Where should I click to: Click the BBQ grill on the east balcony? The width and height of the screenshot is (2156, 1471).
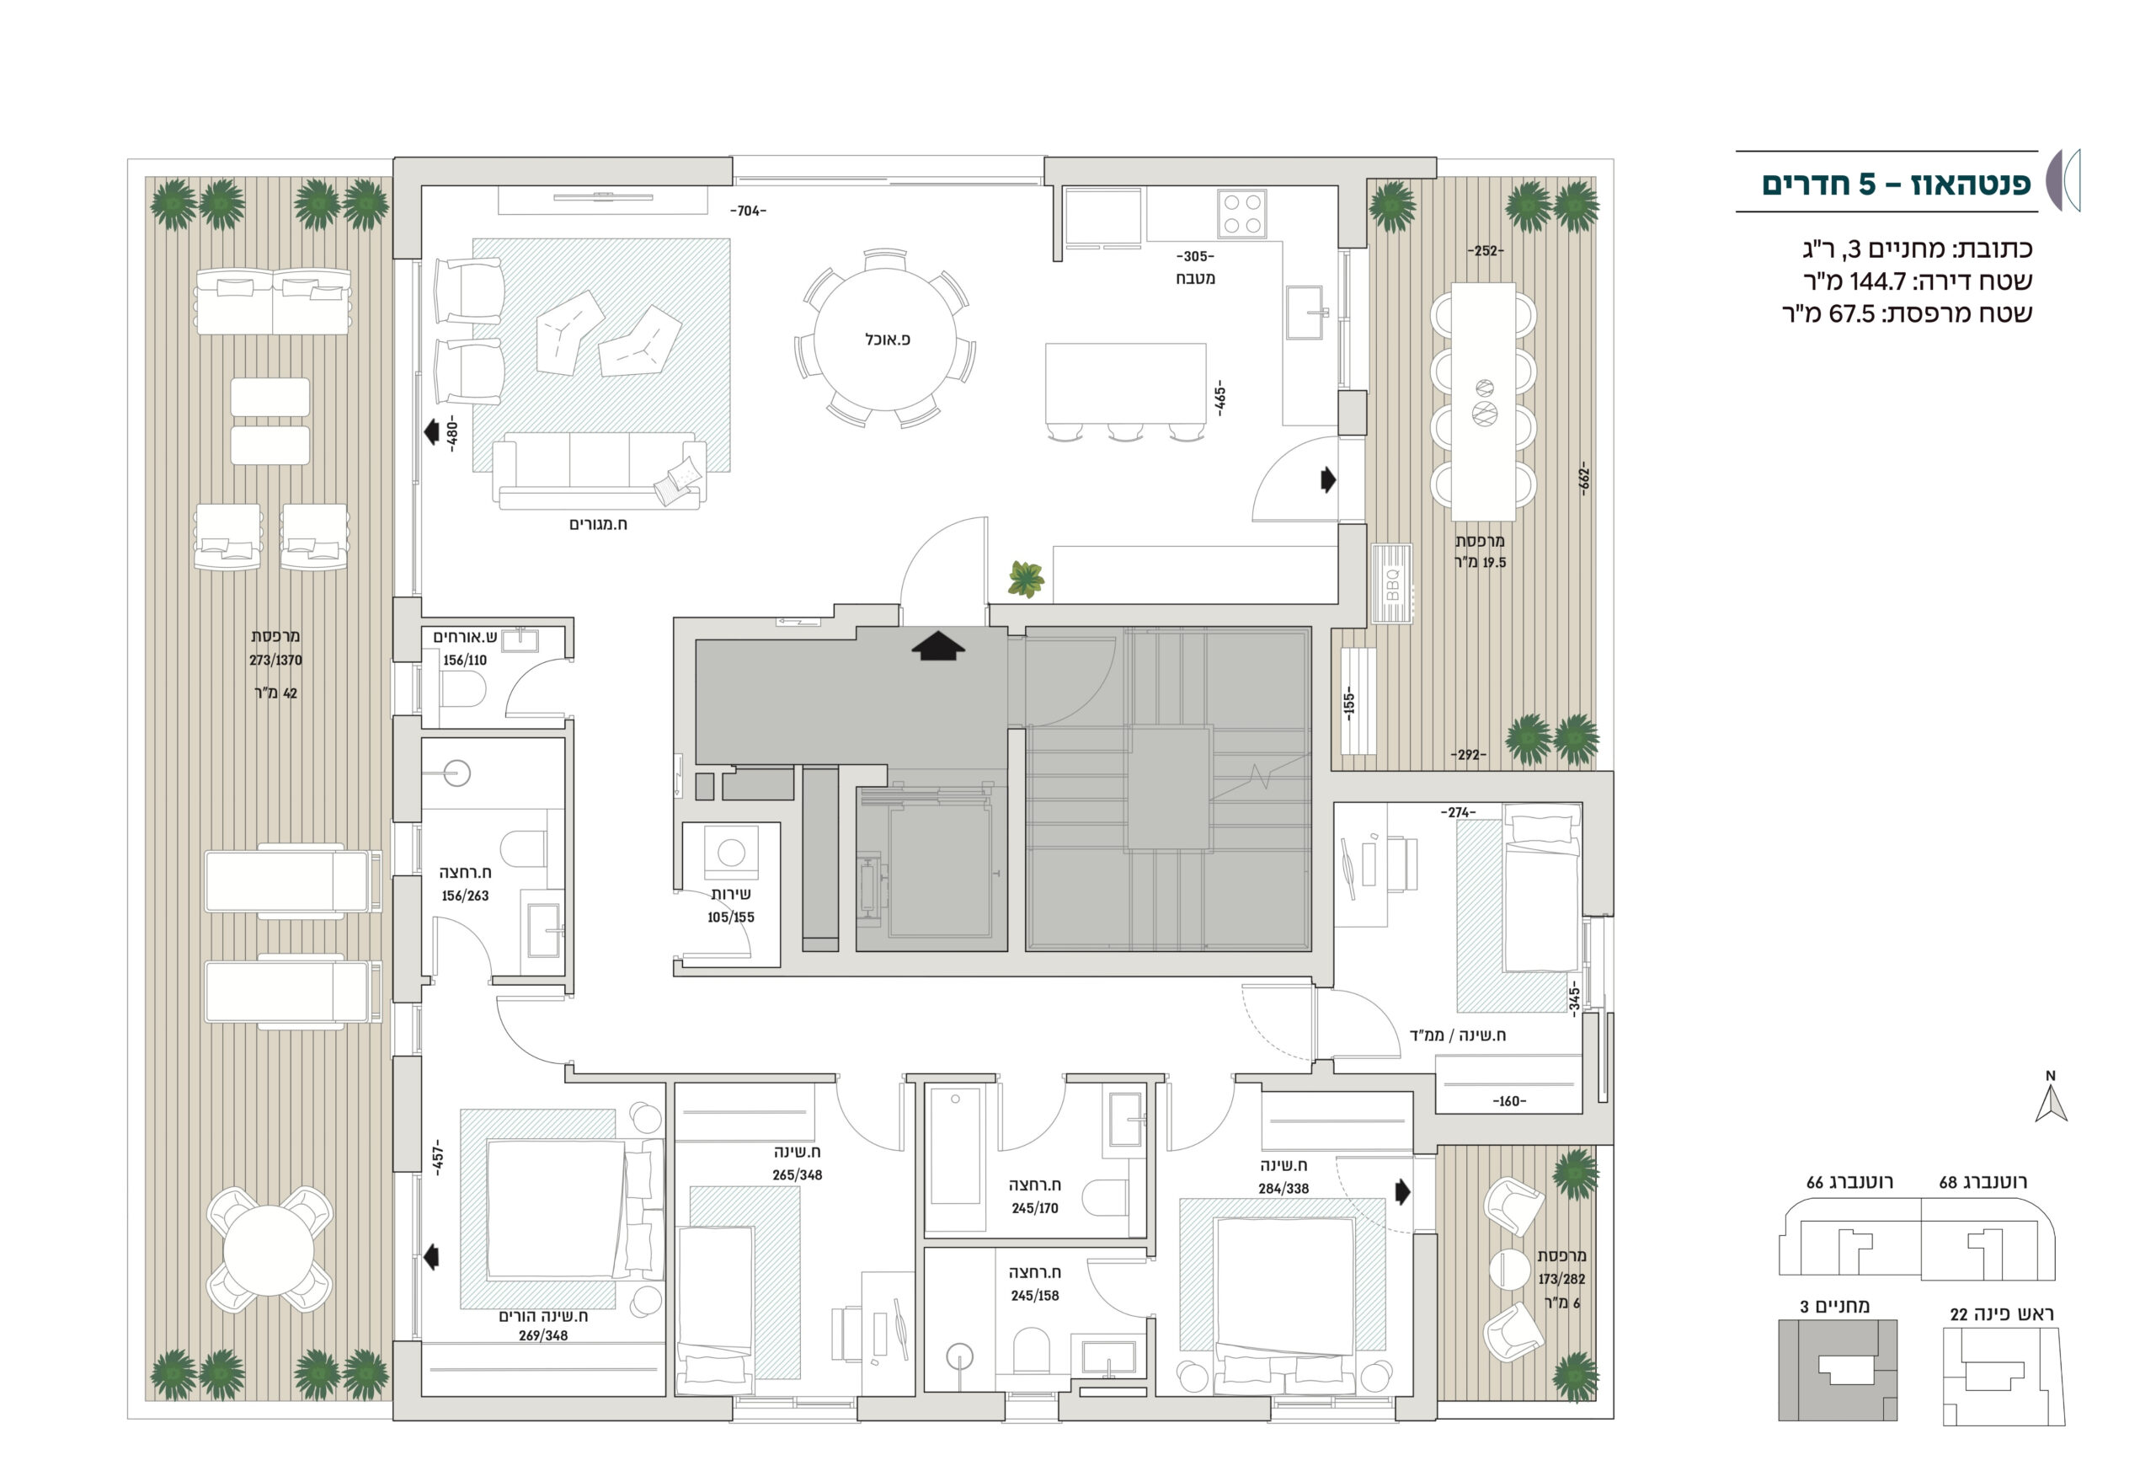pos(1391,583)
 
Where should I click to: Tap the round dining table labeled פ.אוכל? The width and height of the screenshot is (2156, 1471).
pos(885,340)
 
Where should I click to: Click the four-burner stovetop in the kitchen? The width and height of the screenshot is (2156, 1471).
pos(1242,213)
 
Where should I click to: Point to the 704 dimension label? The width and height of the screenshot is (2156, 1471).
pos(748,211)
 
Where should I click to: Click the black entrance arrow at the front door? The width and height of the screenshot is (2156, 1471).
pos(938,645)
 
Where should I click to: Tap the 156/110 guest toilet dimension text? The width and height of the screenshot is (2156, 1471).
pos(464,661)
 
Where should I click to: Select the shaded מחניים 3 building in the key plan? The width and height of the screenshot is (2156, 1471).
pos(1837,1370)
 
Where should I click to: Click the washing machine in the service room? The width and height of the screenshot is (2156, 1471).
pos(731,851)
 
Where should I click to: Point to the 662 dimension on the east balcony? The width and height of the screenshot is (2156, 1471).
pos(1584,478)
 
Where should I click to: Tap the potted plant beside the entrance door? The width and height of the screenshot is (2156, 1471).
pos(1025,579)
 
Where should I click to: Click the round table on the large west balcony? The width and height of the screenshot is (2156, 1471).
pos(268,1250)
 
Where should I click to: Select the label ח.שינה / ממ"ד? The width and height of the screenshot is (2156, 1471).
pos(1458,1035)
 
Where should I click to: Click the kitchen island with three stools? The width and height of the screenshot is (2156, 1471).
pos(1125,383)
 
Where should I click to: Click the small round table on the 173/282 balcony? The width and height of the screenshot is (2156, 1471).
pos(1509,1269)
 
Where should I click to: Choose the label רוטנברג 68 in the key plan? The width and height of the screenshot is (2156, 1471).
pos(1983,1182)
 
